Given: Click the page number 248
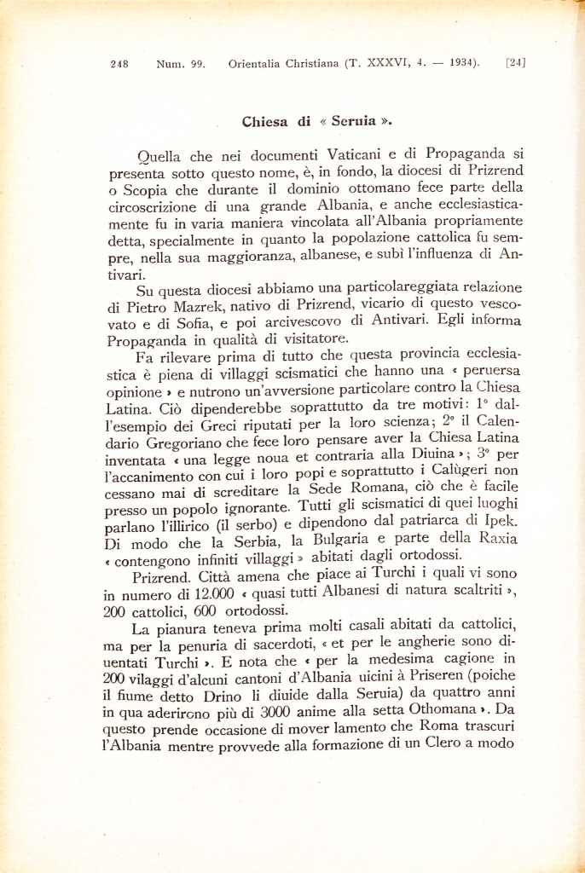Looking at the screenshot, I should pos(119,63).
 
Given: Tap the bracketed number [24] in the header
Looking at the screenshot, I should pos(515,62).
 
